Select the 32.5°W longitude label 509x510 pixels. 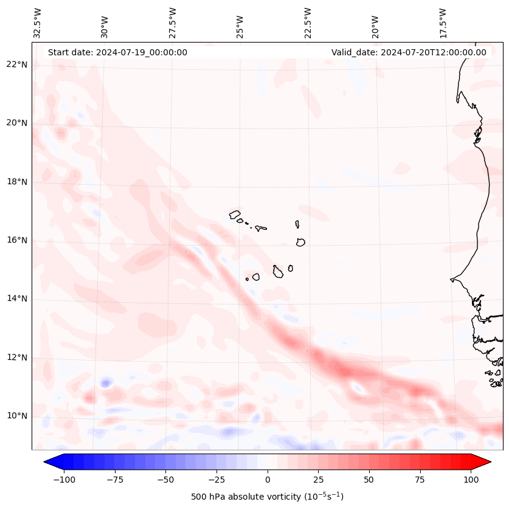click(38, 22)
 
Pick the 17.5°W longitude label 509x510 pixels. click(443, 22)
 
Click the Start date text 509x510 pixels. click(117, 52)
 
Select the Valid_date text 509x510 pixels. click(409, 52)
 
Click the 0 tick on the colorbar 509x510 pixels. click(268, 480)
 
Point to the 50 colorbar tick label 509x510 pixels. click(369, 480)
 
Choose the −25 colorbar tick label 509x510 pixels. click(216, 480)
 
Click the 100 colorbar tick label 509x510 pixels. click(471, 480)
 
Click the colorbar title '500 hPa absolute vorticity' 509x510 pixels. click(267, 497)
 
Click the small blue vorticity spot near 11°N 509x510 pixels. click(106, 382)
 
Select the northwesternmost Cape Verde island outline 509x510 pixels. click(235, 214)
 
